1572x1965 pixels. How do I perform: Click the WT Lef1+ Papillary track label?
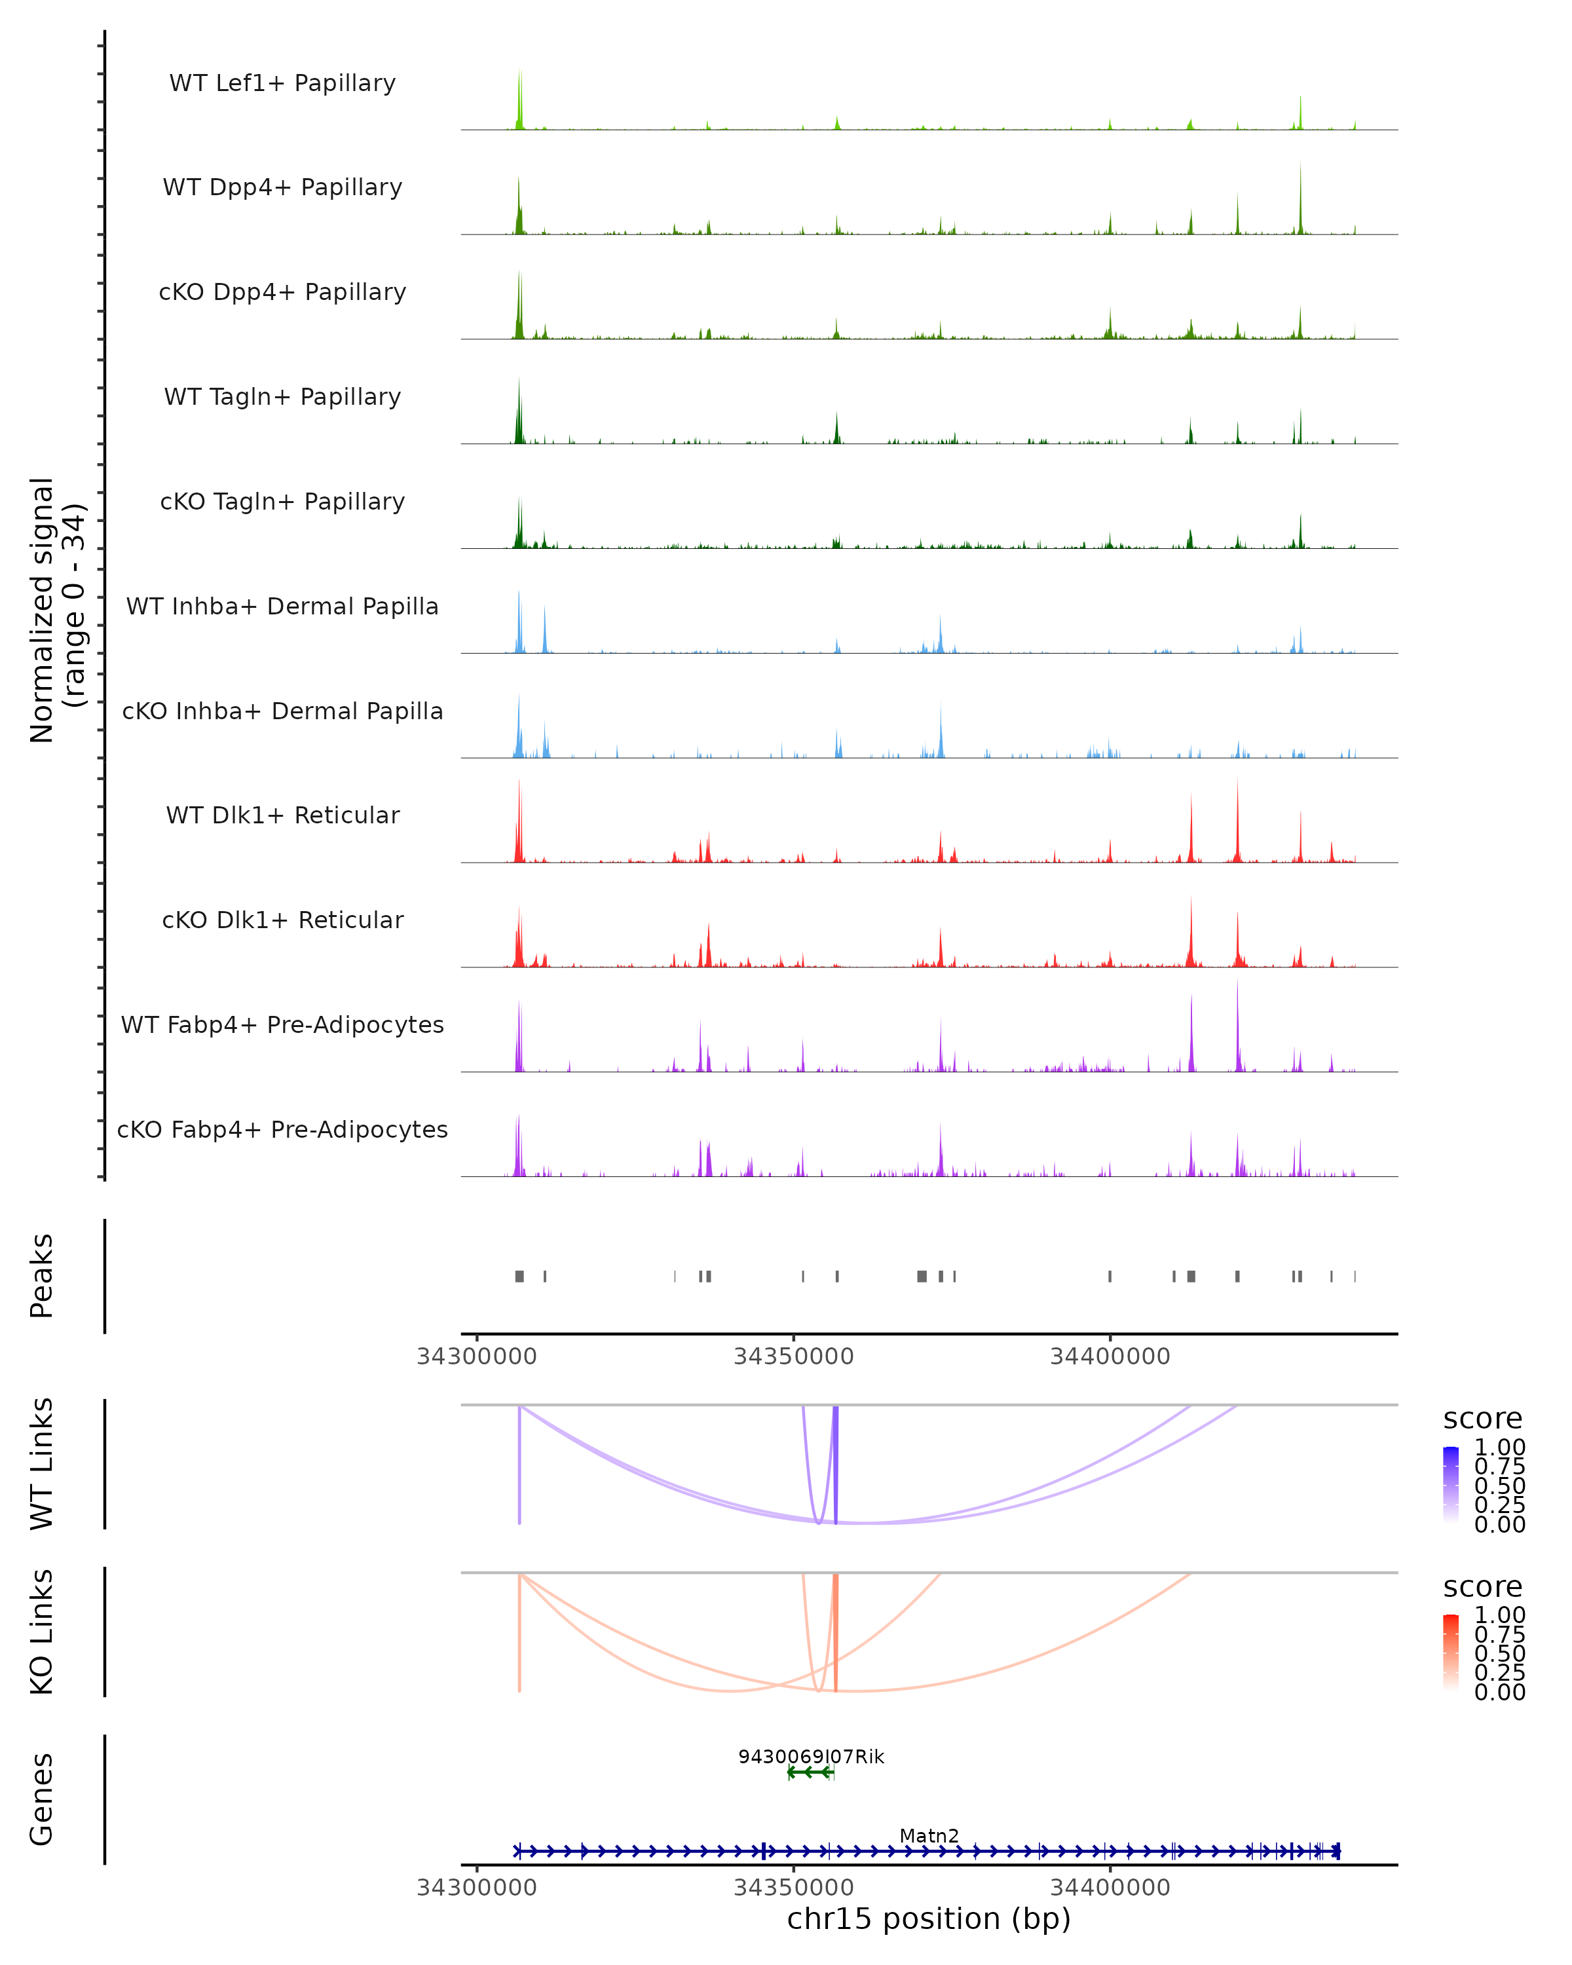[282, 83]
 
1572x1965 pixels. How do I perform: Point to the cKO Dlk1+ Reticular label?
[282, 920]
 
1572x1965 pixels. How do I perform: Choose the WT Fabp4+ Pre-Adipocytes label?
[282, 1024]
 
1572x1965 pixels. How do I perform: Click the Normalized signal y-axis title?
[56, 610]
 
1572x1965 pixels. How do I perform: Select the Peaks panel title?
[42, 1275]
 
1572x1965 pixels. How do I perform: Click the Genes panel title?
[42, 1799]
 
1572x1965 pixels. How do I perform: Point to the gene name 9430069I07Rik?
[811, 1756]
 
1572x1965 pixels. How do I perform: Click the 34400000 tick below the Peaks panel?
[1110, 1357]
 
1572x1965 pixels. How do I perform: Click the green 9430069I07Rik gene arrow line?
[810, 1772]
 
